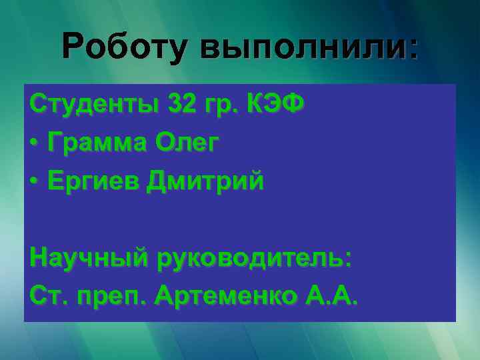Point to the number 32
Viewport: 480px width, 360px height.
point(184,105)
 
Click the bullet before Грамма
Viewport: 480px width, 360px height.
point(35,144)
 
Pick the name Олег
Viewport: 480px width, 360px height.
point(187,143)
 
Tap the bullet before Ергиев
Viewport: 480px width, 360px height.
point(35,181)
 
